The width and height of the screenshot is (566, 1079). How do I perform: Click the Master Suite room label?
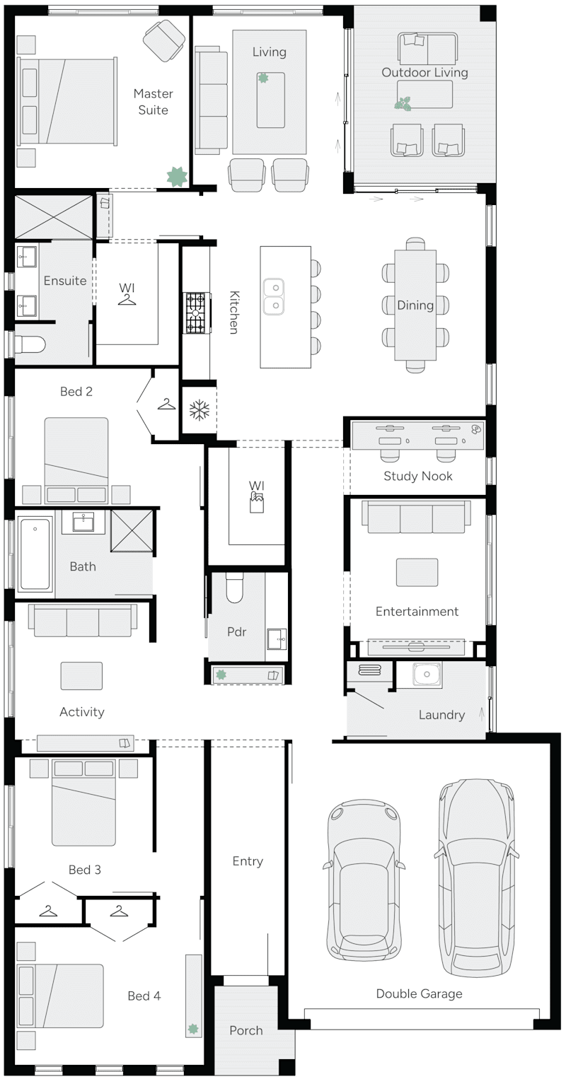click(x=153, y=102)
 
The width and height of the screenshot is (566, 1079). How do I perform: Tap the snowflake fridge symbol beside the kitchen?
click(x=199, y=409)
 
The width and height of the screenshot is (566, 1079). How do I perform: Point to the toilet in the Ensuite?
click(x=31, y=344)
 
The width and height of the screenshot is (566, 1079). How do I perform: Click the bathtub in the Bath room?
click(x=35, y=554)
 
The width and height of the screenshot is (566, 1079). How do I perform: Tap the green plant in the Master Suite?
click(x=176, y=177)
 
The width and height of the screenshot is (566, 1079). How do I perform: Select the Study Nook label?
click(x=417, y=476)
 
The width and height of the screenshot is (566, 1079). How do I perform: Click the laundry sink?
click(x=427, y=675)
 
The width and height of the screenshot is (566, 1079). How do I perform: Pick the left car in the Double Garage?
click(x=364, y=880)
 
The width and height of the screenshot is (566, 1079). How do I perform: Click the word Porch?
click(x=246, y=1030)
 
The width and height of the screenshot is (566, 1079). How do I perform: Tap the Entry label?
click(x=248, y=861)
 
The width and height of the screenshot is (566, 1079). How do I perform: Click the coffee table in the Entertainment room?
click(x=417, y=572)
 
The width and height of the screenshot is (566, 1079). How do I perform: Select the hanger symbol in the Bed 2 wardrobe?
click(x=166, y=404)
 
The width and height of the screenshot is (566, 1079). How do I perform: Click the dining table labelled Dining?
click(x=415, y=305)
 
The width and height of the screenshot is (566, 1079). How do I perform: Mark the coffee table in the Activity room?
click(x=81, y=675)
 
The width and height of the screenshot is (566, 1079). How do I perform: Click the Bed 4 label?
click(x=144, y=996)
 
